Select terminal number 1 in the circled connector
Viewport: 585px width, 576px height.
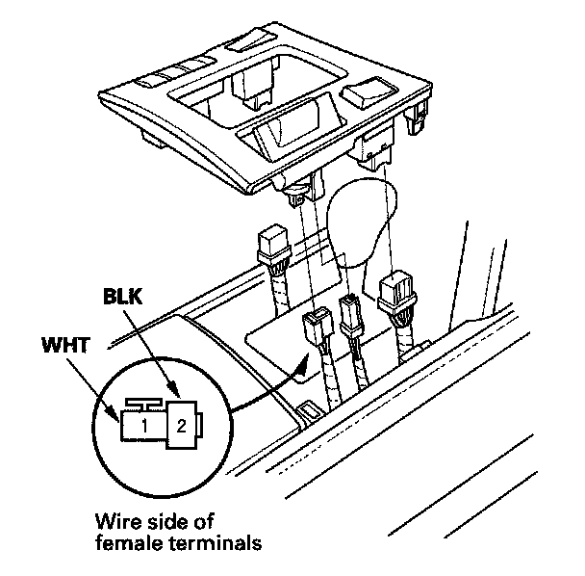point(140,424)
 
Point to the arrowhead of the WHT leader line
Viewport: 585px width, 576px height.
point(117,413)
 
